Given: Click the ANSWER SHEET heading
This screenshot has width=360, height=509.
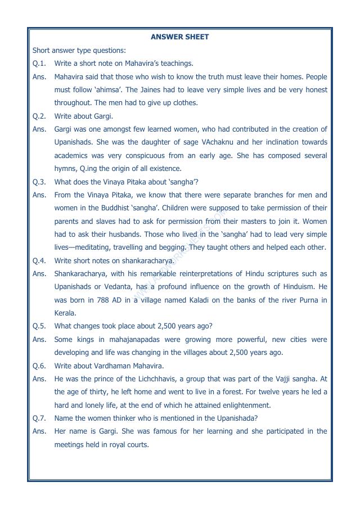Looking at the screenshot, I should [x=179, y=37].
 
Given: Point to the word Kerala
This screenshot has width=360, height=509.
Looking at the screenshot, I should [x=65, y=313].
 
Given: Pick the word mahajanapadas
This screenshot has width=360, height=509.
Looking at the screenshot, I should [x=146, y=340].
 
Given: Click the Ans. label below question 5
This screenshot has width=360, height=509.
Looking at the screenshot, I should [x=39, y=340].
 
